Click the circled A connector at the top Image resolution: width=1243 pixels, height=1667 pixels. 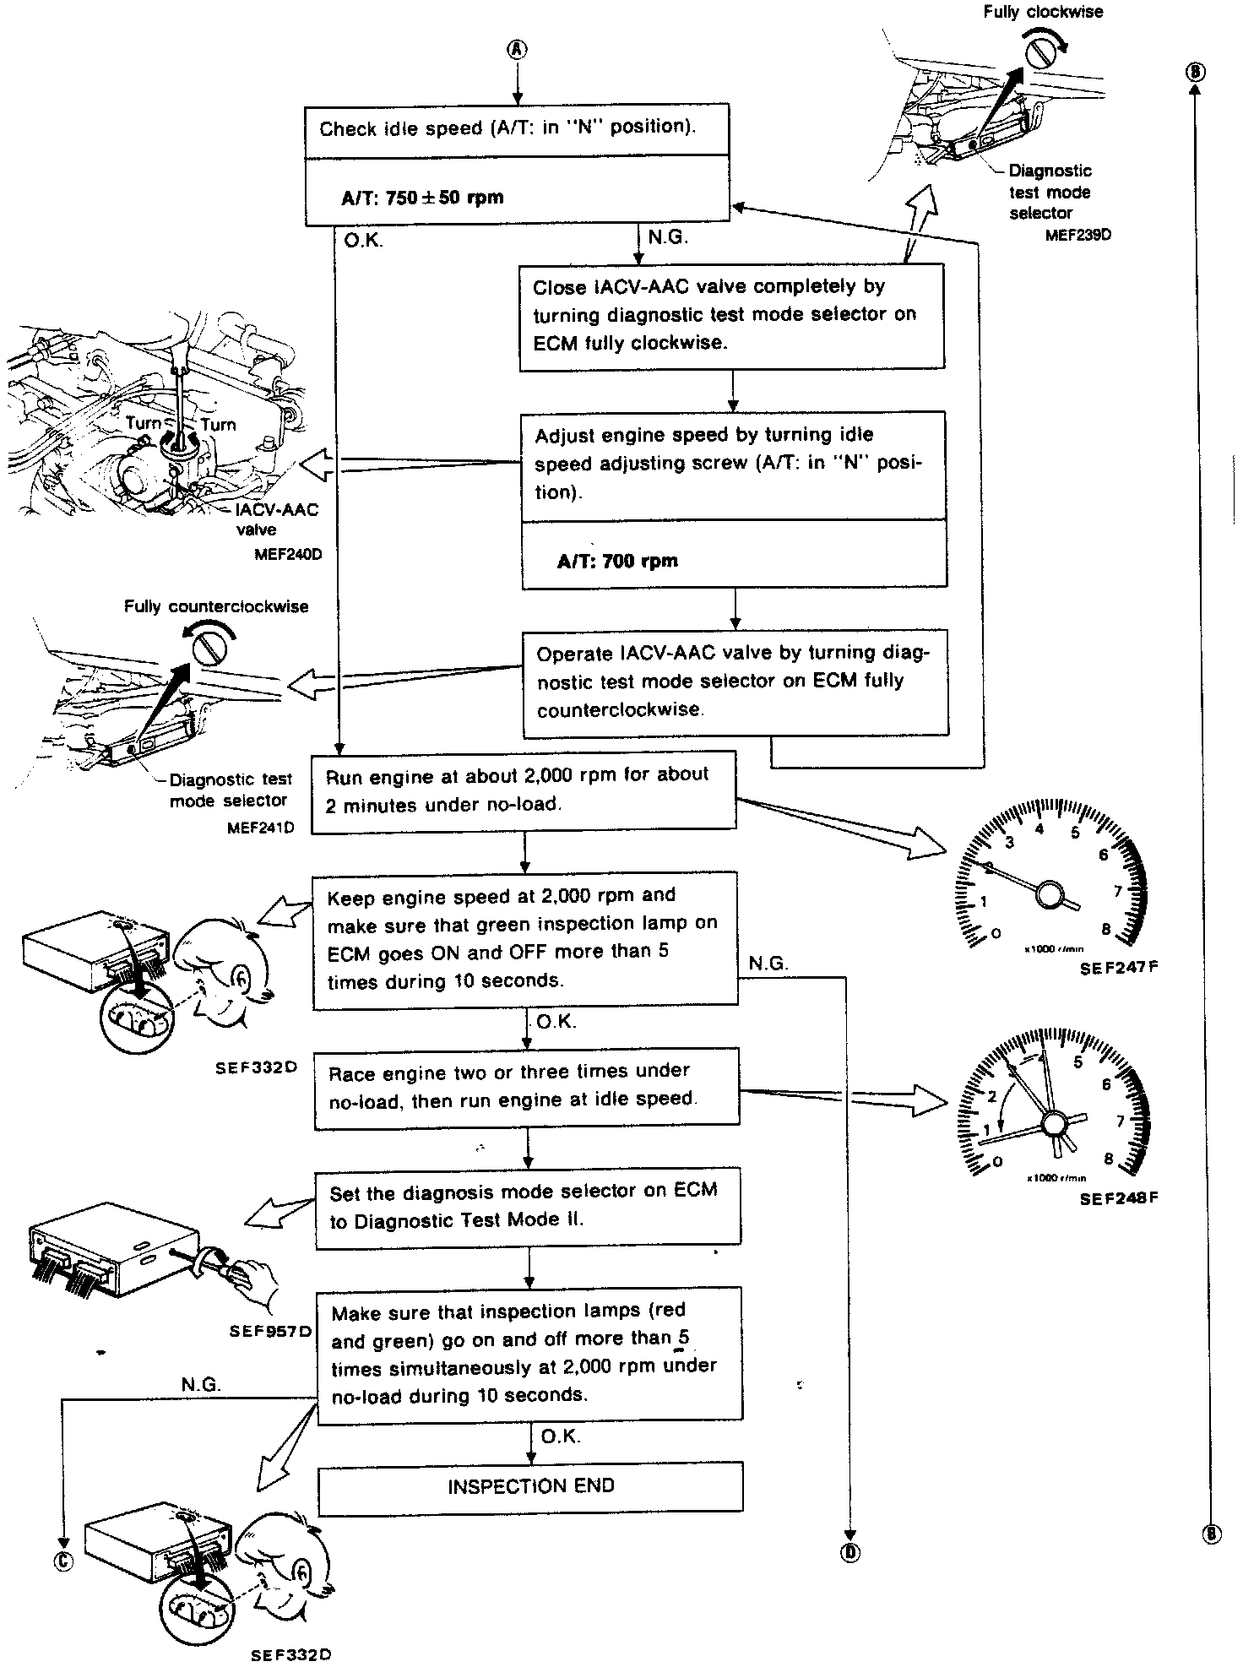517,49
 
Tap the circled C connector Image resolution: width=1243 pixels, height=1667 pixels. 63,1561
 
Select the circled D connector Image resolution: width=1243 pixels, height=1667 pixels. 849,1552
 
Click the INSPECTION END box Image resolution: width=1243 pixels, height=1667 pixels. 530,1486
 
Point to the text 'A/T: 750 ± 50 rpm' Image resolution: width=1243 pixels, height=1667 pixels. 422,198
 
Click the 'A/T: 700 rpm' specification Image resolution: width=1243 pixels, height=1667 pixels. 617,561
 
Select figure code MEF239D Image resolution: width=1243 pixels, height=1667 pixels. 1077,236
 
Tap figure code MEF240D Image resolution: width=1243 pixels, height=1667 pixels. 287,555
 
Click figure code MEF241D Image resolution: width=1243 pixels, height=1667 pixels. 260,828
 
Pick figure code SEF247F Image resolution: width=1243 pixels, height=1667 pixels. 1118,969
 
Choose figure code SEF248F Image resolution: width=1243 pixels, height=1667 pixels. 1119,1198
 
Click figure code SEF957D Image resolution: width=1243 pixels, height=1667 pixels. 270,1332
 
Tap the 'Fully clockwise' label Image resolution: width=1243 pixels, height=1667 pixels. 1043,12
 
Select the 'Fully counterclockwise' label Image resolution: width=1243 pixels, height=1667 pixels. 216,606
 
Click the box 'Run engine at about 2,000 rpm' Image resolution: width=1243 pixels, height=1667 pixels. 524,790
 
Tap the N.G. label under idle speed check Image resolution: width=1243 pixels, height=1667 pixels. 668,237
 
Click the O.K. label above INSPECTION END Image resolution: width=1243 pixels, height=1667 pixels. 560,1436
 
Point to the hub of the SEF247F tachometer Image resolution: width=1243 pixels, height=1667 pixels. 1050,894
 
